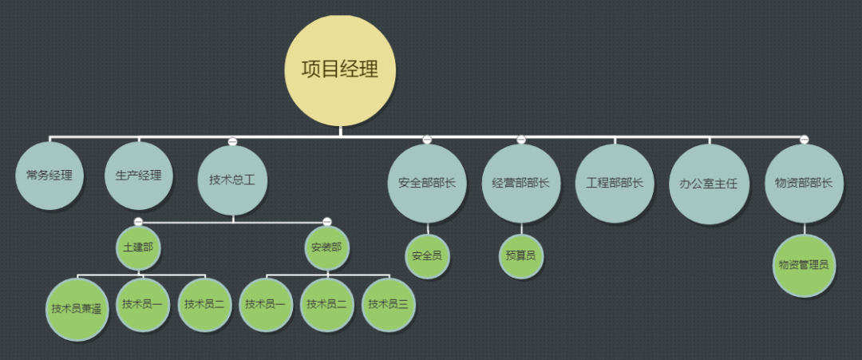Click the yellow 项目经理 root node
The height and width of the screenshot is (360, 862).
click(x=340, y=70)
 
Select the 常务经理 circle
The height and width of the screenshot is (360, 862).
click(x=49, y=176)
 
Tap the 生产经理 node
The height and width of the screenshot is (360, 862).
click(x=138, y=176)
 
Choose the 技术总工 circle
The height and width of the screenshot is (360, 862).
click(x=232, y=181)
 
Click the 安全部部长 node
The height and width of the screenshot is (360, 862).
click(x=427, y=183)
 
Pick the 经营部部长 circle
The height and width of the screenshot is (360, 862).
click(x=521, y=183)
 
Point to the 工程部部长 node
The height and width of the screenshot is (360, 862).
click(x=615, y=183)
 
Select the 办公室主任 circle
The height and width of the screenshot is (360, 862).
click(x=709, y=183)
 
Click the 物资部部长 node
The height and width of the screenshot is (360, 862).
click(x=804, y=183)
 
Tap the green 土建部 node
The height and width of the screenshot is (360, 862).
click(x=138, y=247)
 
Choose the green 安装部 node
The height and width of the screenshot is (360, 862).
click(x=326, y=247)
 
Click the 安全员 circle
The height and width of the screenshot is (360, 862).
click(x=427, y=256)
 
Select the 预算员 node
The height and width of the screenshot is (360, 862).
click(x=521, y=256)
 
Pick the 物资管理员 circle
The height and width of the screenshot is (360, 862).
click(x=804, y=265)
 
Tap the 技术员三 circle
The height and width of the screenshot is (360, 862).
click(x=388, y=304)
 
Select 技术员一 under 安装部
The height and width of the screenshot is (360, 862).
click(x=266, y=304)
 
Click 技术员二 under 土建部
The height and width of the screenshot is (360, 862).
click(x=204, y=304)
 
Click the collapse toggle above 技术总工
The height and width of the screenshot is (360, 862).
click(x=232, y=141)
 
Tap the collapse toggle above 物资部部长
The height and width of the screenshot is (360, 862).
click(x=804, y=140)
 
